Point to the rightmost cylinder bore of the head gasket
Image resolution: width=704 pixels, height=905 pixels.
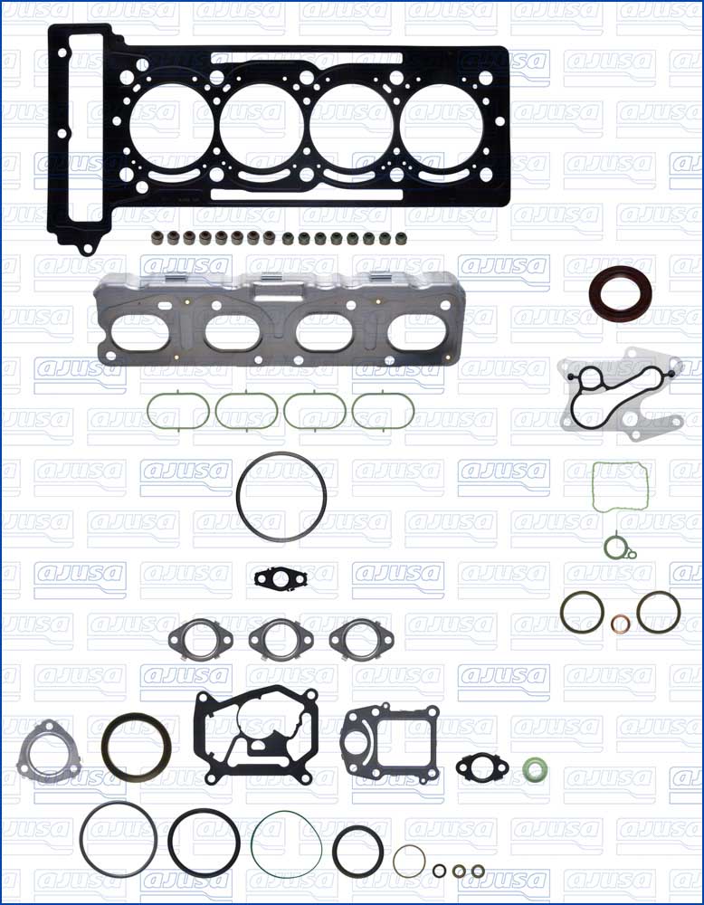442,127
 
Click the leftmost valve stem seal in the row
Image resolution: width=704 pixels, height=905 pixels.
156,237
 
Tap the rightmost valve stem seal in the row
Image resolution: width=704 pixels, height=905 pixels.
401,238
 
